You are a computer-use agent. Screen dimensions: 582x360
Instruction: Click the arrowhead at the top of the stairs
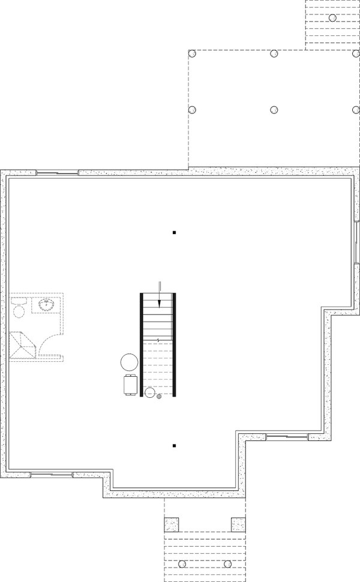click(159, 303)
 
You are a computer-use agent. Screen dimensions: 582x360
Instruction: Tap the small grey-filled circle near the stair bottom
click(159, 396)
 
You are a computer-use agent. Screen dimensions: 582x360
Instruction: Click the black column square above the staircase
click(174, 232)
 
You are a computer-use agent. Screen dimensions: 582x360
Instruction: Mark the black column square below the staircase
click(174, 446)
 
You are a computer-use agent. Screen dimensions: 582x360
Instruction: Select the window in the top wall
click(58, 173)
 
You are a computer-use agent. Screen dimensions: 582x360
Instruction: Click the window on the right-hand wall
click(356, 242)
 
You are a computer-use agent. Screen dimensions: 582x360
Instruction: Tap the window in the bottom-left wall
click(52, 474)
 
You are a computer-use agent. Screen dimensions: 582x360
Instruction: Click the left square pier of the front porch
click(172, 524)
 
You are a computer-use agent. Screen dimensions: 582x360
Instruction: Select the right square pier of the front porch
click(239, 524)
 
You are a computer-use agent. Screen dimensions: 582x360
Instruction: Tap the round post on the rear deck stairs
click(331, 17)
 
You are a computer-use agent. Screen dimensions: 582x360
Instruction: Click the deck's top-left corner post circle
click(193, 53)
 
